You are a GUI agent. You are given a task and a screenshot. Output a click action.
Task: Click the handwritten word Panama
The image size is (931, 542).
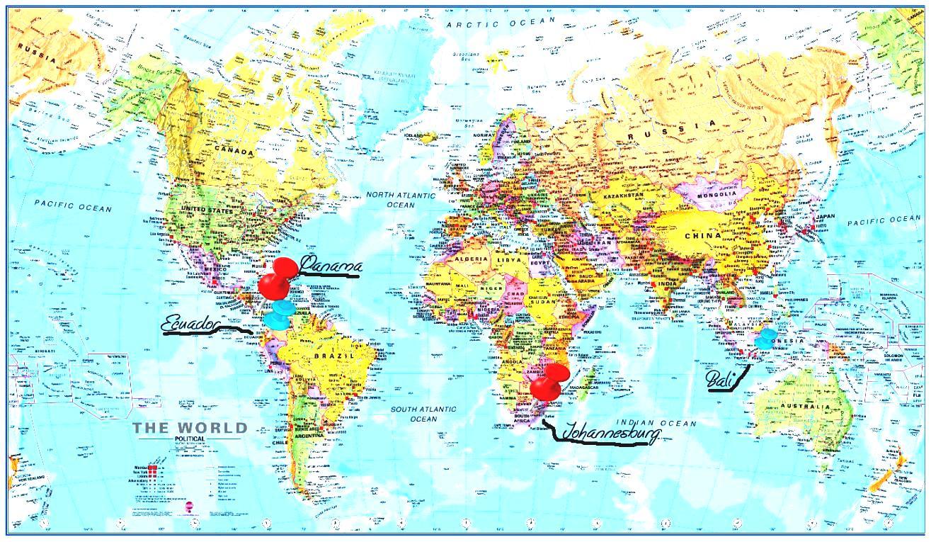[331, 266]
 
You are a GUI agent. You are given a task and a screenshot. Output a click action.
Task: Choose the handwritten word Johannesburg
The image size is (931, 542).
[610, 431]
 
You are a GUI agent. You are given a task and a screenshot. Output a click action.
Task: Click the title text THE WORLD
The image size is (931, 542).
[190, 428]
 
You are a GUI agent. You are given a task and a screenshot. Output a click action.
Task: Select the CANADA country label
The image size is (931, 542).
[234, 152]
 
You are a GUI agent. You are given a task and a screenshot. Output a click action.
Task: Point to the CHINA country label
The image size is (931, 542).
[702, 235]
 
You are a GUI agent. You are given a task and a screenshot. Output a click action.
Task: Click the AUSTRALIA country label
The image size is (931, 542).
[805, 407]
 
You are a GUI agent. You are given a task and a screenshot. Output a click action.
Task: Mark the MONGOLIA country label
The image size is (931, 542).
[717, 194]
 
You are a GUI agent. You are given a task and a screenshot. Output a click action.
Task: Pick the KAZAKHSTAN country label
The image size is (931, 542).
[623, 194]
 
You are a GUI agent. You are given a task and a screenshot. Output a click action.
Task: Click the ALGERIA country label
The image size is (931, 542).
[471, 260]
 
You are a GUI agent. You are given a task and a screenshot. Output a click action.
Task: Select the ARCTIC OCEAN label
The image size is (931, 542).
[501, 23]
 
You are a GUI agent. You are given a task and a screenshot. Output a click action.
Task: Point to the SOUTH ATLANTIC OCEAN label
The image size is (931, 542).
[424, 414]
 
